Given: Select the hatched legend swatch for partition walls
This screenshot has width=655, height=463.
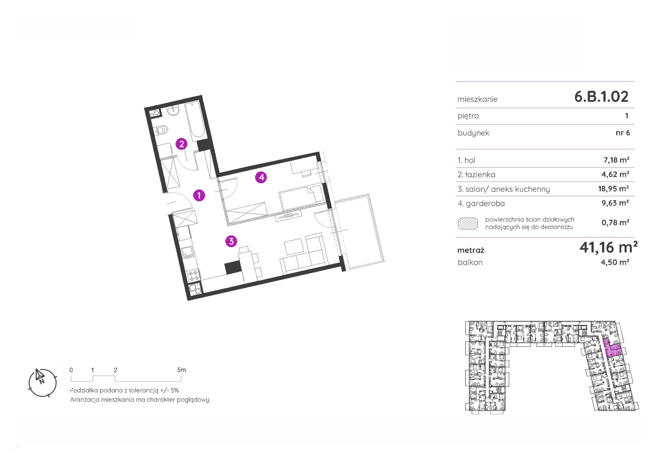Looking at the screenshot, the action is pyautogui.click(x=468, y=223).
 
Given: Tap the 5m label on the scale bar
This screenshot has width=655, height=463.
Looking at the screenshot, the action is pyautogui.click(x=181, y=370).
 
